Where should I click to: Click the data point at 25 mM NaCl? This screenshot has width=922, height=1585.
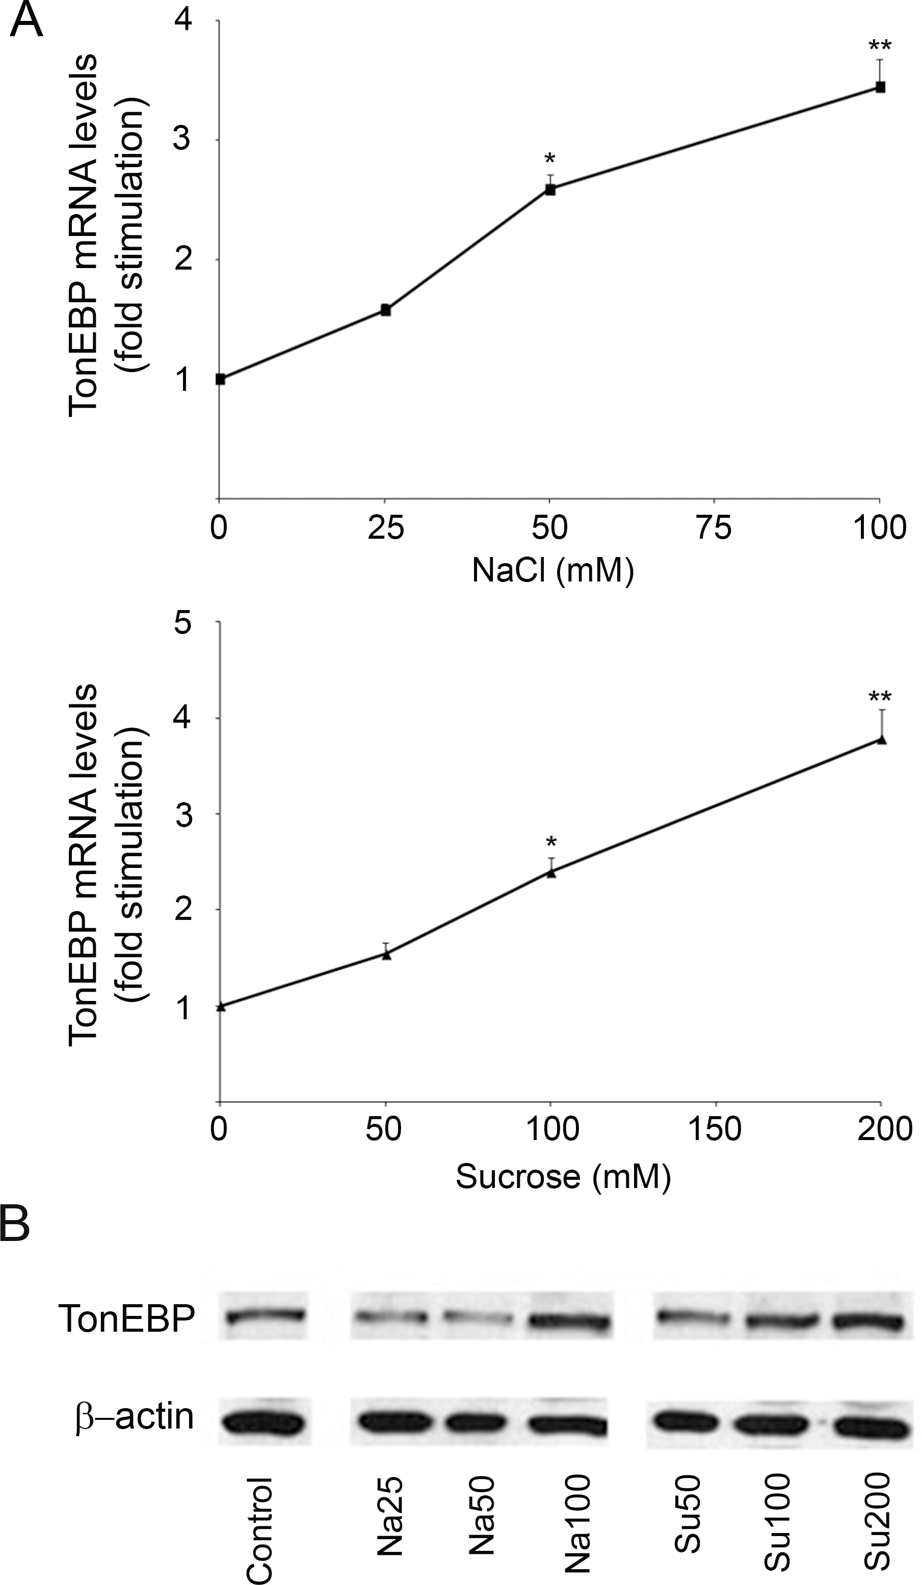click(385, 310)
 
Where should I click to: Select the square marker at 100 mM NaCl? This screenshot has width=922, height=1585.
click(881, 88)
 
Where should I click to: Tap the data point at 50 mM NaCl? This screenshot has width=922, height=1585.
click(549, 189)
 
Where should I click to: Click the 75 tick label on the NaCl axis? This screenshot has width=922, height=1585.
click(715, 527)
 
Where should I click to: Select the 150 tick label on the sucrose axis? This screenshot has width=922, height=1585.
click(715, 1129)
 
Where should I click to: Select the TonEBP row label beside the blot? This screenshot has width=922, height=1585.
click(126, 1318)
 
